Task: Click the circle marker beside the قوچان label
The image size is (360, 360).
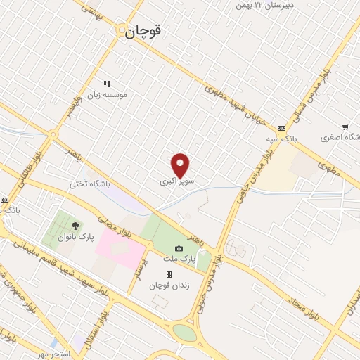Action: click(x=122, y=31)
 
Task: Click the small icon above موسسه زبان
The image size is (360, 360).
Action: click(x=108, y=84)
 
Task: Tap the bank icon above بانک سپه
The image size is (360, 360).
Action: click(x=282, y=128)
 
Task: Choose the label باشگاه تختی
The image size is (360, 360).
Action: click(x=90, y=184)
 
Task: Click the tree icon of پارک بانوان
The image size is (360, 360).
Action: click(x=75, y=226)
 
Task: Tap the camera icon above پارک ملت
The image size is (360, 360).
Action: click(x=179, y=249)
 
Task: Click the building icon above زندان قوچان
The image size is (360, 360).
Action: click(x=168, y=274)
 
